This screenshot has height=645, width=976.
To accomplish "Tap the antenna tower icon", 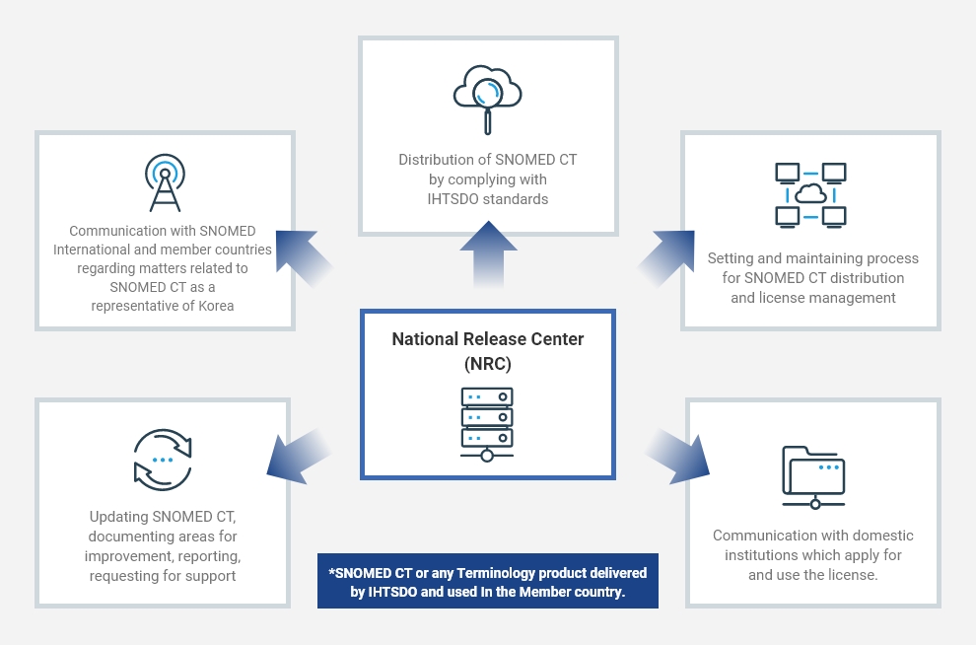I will point(165,183).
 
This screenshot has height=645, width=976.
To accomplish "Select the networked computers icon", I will point(810,194).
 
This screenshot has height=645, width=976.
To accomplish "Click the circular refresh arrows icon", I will point(163,460).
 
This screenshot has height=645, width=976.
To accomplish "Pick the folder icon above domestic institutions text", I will point(813,477).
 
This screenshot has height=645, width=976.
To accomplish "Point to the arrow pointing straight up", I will point(488,254).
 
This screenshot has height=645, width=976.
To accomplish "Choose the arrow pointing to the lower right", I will point(679,455).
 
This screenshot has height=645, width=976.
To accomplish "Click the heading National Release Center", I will point(488,339).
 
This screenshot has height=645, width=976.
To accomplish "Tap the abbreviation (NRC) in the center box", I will point(488,363).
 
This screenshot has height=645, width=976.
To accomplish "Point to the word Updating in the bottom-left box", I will point(118,517).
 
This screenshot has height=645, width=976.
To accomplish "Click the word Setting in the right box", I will point(732,258).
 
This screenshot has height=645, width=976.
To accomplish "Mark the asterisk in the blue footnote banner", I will point(332,574).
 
